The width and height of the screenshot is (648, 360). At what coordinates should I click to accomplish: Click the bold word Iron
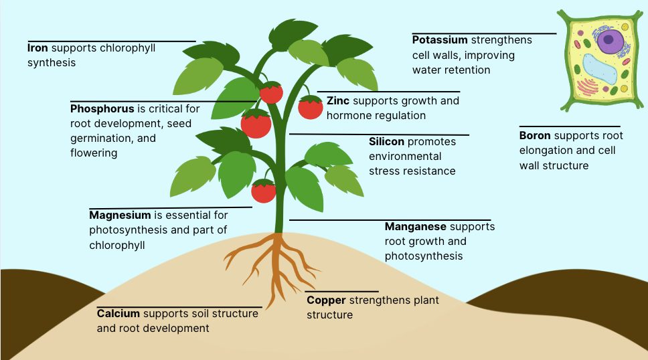click(38, 48)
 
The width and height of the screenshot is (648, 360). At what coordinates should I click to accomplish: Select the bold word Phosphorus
click(102, 108)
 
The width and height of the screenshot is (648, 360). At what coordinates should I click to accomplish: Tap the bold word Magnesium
click(120, 215)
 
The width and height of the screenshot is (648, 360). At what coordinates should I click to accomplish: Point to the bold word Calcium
click(118, 313)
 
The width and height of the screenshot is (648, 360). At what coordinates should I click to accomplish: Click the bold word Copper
click(325, 300)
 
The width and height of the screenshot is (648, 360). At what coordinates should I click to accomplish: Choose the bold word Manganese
click(415, 227)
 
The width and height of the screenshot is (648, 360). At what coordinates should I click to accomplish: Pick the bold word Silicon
click(386, 142)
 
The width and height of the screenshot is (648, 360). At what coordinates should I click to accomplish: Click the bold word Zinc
click(338, 101)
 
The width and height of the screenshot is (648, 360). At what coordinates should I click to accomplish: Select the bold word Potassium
click(440, 40)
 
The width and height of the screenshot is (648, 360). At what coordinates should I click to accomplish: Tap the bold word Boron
click(535, 136)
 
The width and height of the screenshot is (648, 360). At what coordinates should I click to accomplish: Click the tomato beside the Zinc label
click(311, 107)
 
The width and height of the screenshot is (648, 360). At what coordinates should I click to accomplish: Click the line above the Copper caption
click(342, 292)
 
